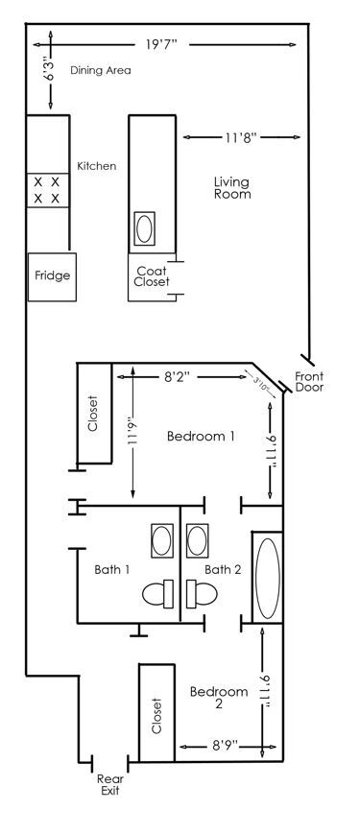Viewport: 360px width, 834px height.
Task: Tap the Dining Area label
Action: [x=100, y=70]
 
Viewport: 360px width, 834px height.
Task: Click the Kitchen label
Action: [x=96, y=166]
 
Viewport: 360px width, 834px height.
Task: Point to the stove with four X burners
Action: [x=47, y=189]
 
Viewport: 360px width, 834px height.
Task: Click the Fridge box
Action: [x=52, y=276]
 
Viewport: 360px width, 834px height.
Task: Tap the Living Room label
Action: [x=231, y=187]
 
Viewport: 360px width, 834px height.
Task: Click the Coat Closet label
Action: [x=152, y=276]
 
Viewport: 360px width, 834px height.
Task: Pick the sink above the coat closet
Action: [x=145, y=228]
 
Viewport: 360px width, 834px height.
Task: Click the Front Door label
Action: [x=309, y=382]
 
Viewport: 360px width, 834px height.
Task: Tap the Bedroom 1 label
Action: [x=201, y=436]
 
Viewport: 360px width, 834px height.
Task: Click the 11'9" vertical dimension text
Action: [x=132, y=438]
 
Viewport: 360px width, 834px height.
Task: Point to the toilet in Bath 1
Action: [x=156, y=595]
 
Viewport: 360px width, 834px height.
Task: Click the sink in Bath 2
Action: [x=199, y=540]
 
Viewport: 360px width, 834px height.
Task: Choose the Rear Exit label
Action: [x=107, y=785]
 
